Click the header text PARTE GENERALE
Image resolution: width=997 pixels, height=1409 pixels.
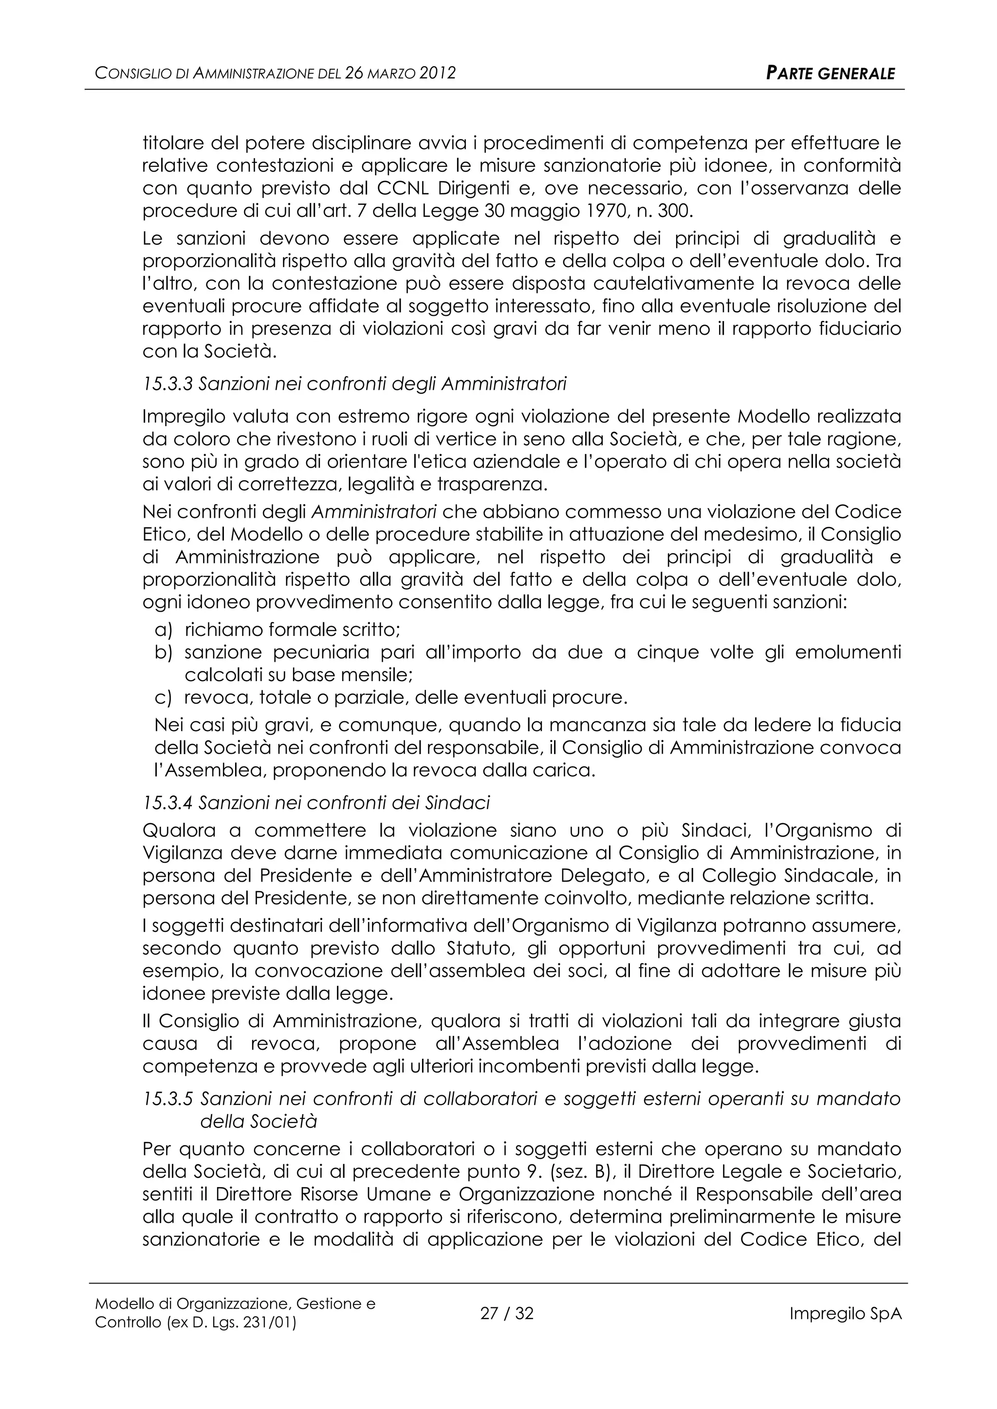(x=830, y=73)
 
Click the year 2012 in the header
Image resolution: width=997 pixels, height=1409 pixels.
(x=437, y=73)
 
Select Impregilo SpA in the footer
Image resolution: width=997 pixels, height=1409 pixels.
(x=846, y=1314)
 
